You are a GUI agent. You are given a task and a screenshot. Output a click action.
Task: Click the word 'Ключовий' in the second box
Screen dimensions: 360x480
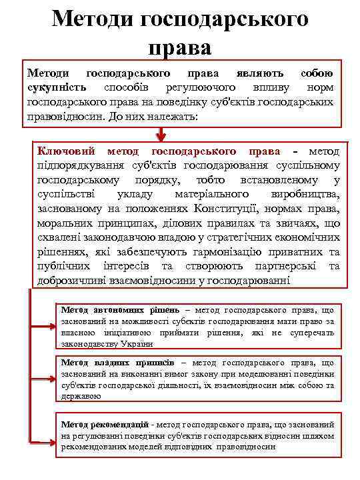(x=67, y=151)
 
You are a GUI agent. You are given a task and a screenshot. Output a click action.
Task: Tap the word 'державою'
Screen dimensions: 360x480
(x=80, y=396)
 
